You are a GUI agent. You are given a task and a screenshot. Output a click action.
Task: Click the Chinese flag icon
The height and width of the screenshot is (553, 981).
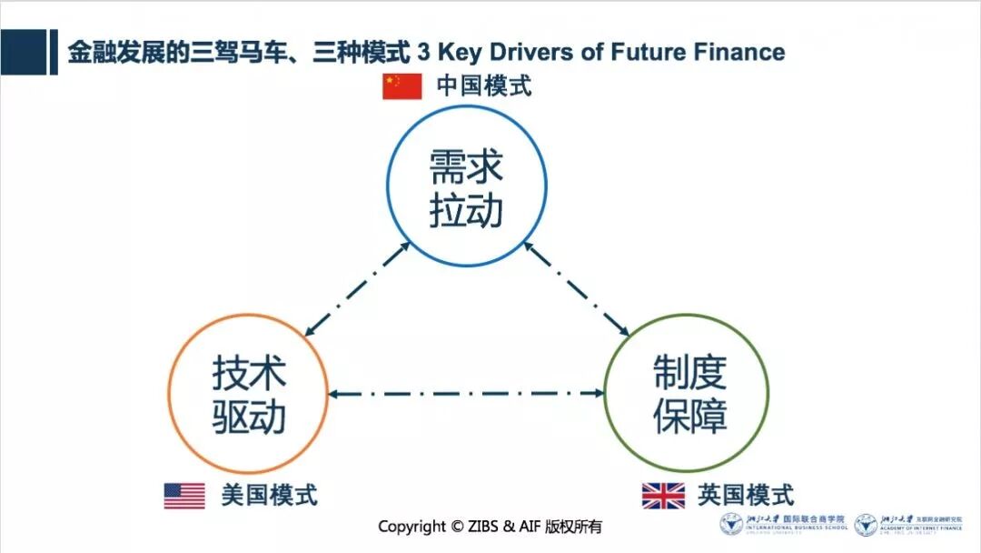401,85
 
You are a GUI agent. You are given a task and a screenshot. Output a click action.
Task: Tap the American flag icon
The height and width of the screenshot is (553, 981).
184,496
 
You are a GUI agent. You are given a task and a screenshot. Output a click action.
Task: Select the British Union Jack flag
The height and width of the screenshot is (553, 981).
663,496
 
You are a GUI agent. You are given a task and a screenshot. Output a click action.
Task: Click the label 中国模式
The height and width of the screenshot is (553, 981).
483,85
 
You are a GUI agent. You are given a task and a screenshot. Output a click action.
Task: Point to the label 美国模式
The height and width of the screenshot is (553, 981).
269,496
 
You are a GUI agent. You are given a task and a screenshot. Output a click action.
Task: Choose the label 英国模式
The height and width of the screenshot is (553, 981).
746,496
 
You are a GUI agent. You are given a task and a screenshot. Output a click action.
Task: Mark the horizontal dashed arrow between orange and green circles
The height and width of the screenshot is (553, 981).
468,394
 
